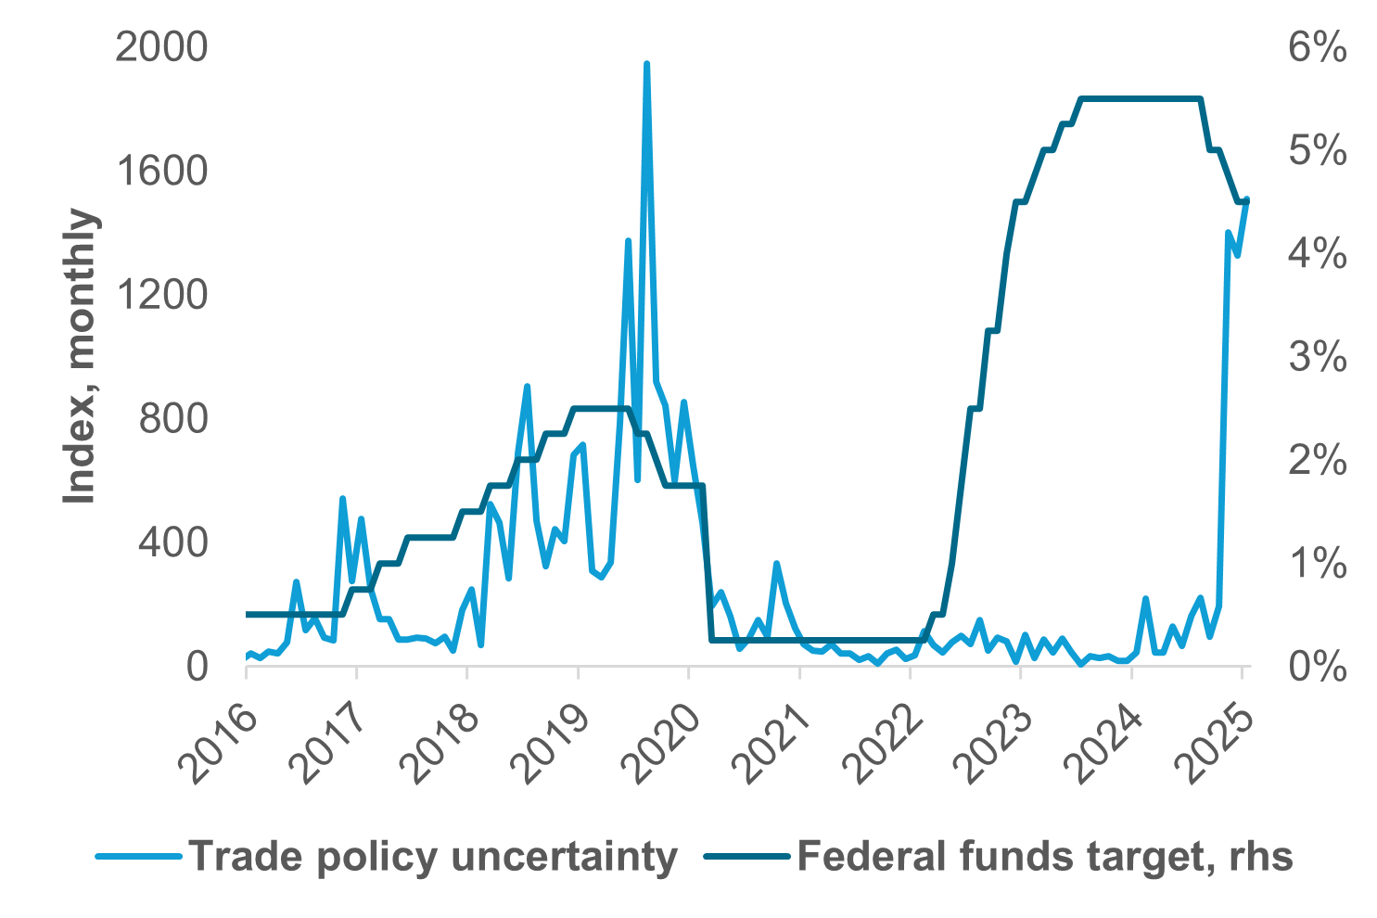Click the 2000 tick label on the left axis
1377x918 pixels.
coord(160,47)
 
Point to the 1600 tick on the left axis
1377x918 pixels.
coord(160,172)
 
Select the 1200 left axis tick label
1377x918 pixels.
coord(160,295)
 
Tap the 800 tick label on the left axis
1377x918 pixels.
coord(172,419)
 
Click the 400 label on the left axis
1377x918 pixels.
coord(172,542)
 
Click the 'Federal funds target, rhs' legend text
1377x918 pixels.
coord(1044,857)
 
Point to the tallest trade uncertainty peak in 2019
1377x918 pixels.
coord(646,64)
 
